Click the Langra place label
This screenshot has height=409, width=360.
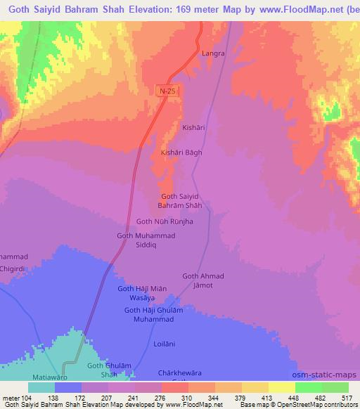[212, 53]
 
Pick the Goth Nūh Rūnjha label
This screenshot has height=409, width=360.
[164, 221]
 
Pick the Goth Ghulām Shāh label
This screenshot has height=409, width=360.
[109, 370]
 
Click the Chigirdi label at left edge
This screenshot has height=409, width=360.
[14, 267]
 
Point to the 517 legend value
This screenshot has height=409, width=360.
[345, 398]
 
